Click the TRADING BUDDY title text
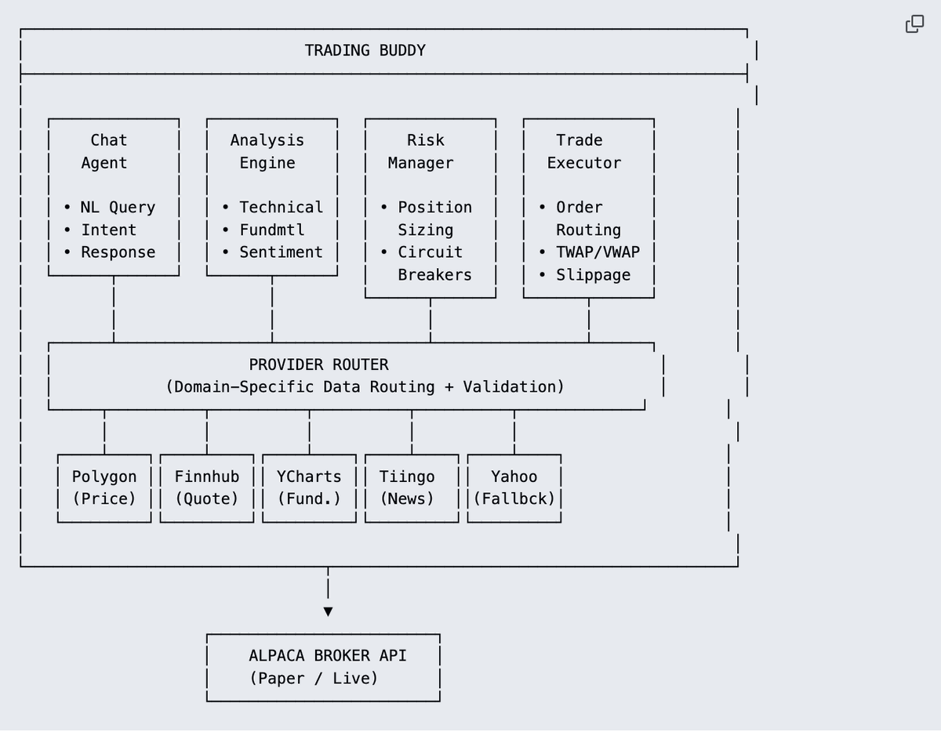365,51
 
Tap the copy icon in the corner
914,24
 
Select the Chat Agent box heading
108,151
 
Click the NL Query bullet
110,208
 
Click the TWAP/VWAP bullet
590,252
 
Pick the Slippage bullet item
585,275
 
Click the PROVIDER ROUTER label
318,365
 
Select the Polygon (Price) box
104,487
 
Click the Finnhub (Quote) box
207,487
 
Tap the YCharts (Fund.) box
309,487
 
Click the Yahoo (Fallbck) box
514,487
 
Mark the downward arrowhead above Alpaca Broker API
328,611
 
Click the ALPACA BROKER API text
328,656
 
